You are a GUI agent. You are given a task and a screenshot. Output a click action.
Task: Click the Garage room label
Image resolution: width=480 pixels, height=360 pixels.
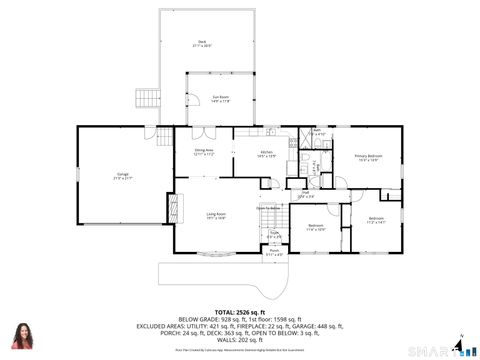pyautogui.click(x=123, y=176)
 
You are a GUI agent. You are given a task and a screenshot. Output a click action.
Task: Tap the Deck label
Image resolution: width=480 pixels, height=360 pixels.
pyautogui.click(x=202, y=43)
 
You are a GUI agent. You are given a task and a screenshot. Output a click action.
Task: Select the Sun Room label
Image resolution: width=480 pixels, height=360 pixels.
pyautogui.click(x=220, y=98)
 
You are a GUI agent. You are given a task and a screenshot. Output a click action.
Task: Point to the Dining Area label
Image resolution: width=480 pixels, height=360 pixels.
pyautogui.click(x=205, y=152)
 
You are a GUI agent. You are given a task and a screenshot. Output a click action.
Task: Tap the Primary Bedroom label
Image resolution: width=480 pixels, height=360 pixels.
pyautogui.click(x=368, y=157)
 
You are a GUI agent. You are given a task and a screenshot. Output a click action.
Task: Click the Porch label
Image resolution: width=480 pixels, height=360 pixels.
pyautogui.click(x=274, y=252)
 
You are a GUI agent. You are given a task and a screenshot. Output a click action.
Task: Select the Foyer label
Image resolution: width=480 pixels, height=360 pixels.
pyautogui.click(x=273, y=236)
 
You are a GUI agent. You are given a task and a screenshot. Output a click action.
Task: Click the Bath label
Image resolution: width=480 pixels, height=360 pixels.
pyautogui.click(x=317, y=132)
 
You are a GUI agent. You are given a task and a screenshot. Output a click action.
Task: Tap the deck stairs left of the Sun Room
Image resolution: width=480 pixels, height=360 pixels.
pyautogui.click(x=147, y=98)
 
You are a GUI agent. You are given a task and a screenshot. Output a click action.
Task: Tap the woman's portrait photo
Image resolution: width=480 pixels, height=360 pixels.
pyautogui.click(x=22, y=337)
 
